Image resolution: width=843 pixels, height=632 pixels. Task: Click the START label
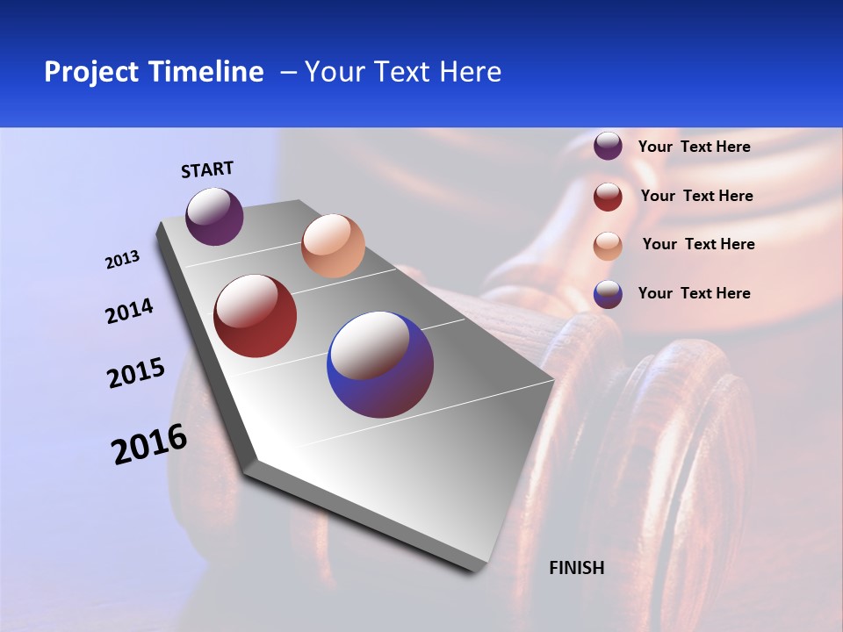(207, 169)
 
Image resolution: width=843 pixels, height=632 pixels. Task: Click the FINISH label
(576, 568)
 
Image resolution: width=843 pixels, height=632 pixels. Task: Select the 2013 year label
(122, 260)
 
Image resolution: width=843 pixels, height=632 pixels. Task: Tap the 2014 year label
(129, 311)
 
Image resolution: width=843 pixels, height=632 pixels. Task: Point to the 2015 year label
(136, 373)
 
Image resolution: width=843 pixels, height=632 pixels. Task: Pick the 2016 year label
(149, 443)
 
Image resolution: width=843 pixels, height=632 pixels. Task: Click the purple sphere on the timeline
(214, 217)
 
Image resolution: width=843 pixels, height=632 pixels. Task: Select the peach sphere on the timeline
(333, 246)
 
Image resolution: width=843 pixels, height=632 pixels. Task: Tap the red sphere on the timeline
(256, 316)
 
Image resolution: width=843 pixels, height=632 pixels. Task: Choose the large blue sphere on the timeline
(380, 364)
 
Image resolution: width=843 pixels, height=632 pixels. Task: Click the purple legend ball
(608, 146)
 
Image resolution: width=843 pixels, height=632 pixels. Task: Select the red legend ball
(608, 197)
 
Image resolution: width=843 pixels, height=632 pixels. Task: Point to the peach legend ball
(608, 246)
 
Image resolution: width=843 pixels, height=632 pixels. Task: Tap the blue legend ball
(608, 294)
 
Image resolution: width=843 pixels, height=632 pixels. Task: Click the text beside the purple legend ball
(694, 147)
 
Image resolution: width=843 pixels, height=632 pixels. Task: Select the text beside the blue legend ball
(694, 293)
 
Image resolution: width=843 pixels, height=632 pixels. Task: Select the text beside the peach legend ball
(698, 244)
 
